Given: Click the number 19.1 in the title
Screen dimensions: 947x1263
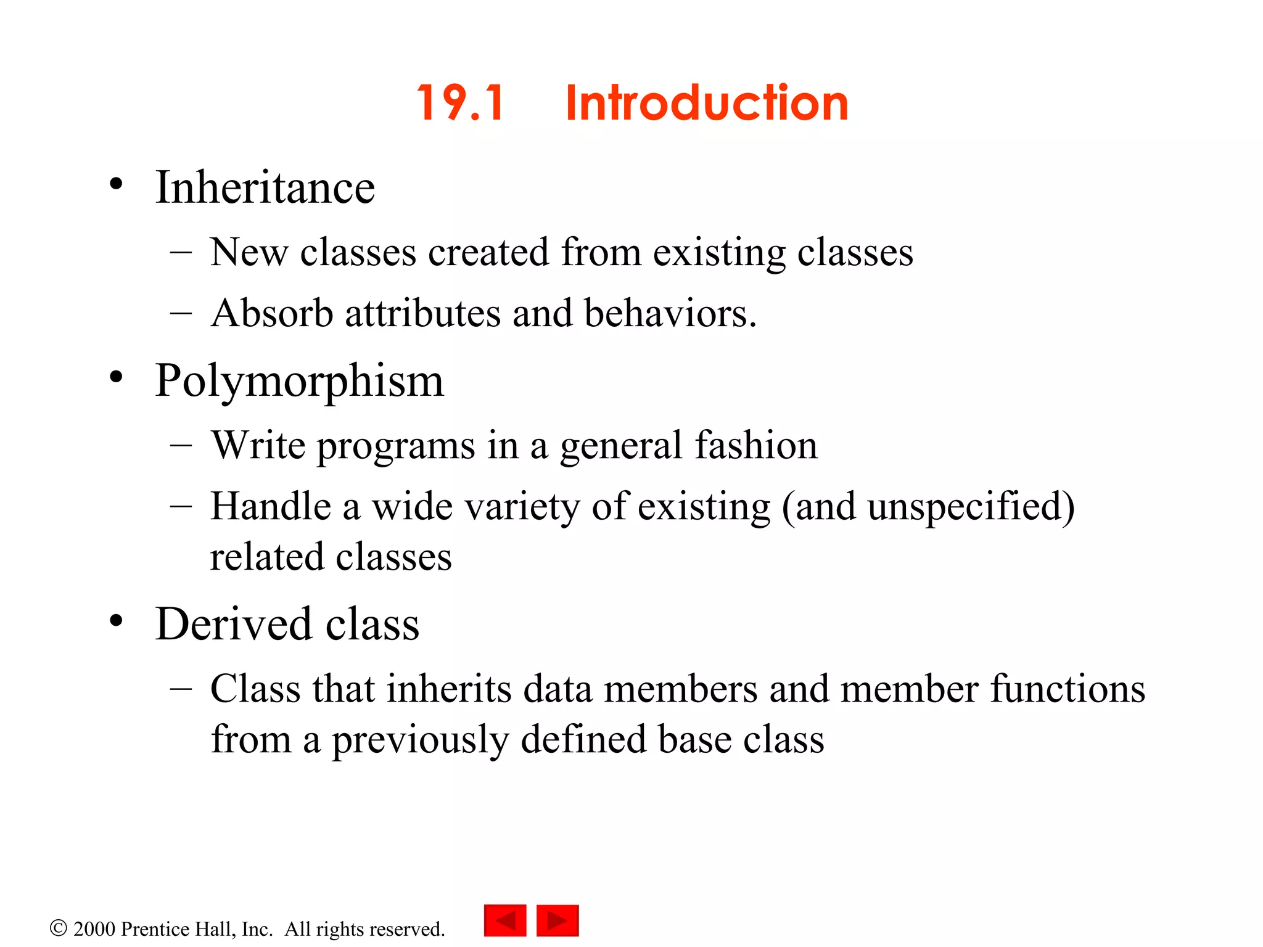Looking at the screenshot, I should [x=461, y=103].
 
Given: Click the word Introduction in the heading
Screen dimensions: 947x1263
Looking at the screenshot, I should [x=707, y=103].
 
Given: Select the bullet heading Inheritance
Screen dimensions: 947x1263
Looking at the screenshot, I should [x=265, y=187].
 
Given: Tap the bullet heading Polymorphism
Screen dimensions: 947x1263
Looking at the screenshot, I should [x=299, y=381].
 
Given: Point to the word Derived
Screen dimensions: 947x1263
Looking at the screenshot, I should [x=233, y=624].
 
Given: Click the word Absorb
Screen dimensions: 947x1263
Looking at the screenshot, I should [x=272, y=313].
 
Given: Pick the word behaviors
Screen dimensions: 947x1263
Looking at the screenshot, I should [x=670, y=313].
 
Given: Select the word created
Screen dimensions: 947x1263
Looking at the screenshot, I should [x=488, y=252].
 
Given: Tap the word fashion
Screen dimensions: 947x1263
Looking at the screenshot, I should [x=756, y=445].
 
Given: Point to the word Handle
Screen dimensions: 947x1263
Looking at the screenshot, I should [x=271, y=506].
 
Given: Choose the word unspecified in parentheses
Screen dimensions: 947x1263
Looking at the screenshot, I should [x=964, y=507].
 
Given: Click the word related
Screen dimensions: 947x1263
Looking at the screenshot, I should [x=267, y=557].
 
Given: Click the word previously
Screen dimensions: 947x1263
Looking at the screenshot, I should [x=420, y=740].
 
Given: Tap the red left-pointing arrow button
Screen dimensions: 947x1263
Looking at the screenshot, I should [x=505, y=920].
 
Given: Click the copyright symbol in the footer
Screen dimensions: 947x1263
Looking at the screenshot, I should [x=58, y=928].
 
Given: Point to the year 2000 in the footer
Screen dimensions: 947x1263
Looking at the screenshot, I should [x=94, y=929].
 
